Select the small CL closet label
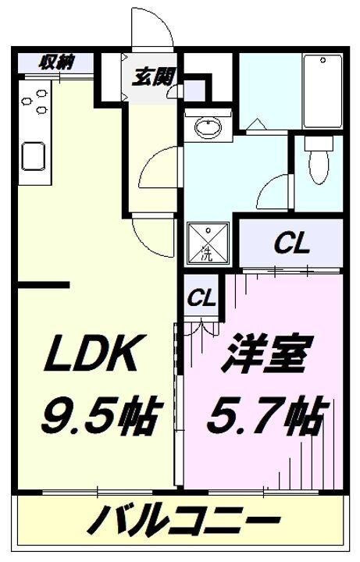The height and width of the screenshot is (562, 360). tap(201, 299)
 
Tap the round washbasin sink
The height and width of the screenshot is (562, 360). tap(208, 126)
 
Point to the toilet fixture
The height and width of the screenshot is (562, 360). tap(318, 162)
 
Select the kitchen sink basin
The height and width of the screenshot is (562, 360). tap(35, 155)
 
